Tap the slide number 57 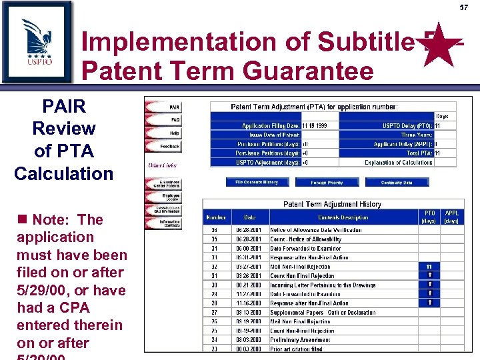coord(463,7)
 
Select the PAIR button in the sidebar coord(165,107)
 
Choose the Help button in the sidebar coord(165,133)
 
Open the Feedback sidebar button coord(164,146)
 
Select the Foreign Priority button coord(327,182)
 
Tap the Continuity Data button coord(397,182)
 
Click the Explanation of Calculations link coord(398,162)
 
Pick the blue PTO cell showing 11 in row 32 coord(429,266)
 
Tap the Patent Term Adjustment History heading coord(332,204)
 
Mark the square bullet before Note coord(22,220)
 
